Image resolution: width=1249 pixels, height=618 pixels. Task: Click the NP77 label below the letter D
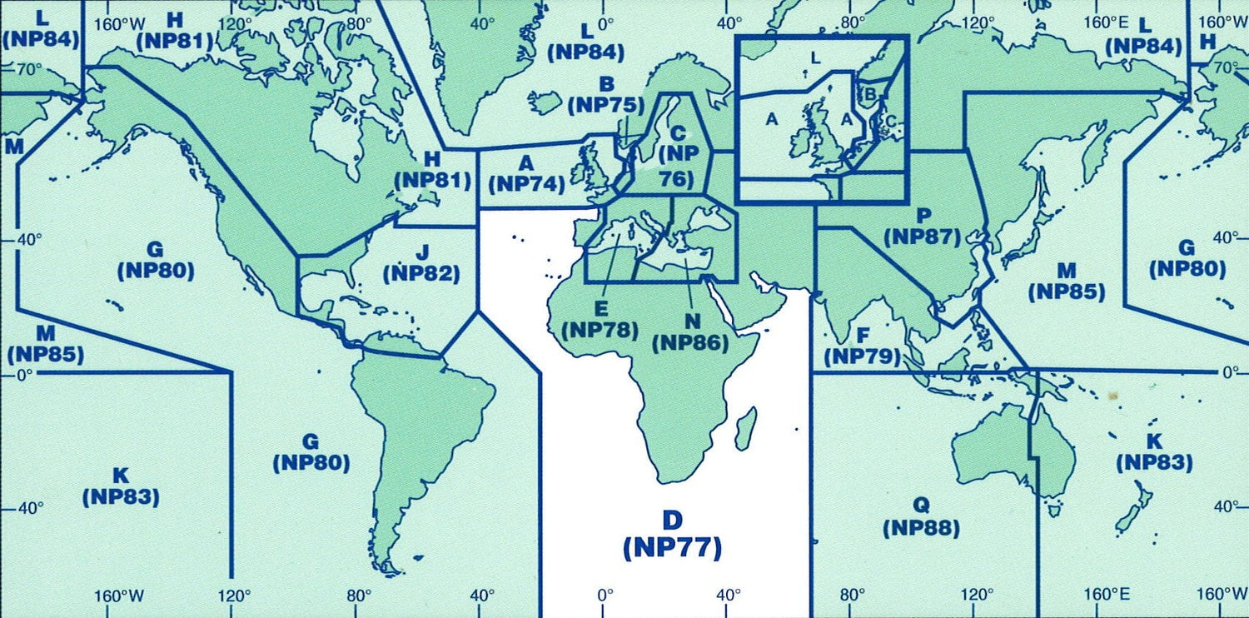(x=671, y=548)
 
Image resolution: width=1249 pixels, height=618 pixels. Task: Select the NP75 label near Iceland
(x=605, y=105)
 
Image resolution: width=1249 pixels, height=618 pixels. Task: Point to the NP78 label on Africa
(x=600, y=329)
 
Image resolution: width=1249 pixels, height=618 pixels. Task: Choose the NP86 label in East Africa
(x=691, y=341)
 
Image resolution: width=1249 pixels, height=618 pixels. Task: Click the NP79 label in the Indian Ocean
(x=863, y=357)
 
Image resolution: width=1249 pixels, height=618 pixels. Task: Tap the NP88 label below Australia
(x=922, y=527)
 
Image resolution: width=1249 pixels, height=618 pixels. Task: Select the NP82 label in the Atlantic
(x=421, y=272)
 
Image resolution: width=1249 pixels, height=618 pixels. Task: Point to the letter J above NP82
(x=422, y=251)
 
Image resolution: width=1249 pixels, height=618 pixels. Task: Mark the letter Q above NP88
(x=921, y=505)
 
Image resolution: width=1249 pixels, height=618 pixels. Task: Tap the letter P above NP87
(x=923, y=214)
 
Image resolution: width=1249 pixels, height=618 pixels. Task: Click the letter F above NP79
(x=863, y=336)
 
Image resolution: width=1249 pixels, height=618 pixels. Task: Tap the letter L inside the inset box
(x=815, y=57)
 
